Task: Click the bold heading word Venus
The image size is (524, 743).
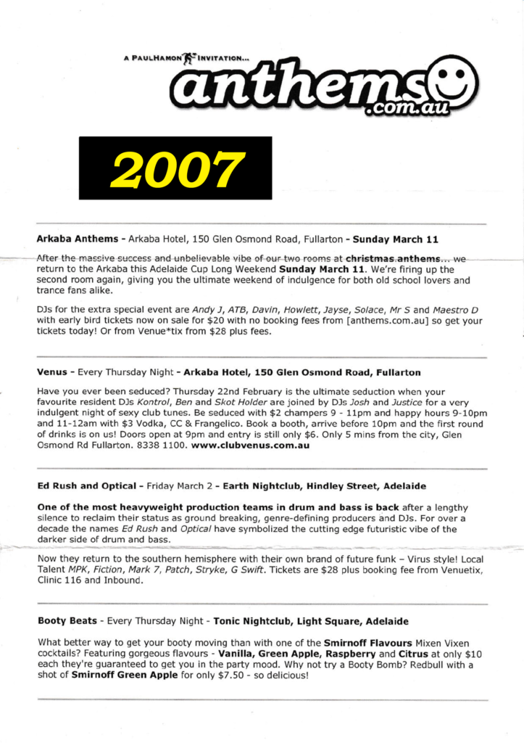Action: (52, 373)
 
